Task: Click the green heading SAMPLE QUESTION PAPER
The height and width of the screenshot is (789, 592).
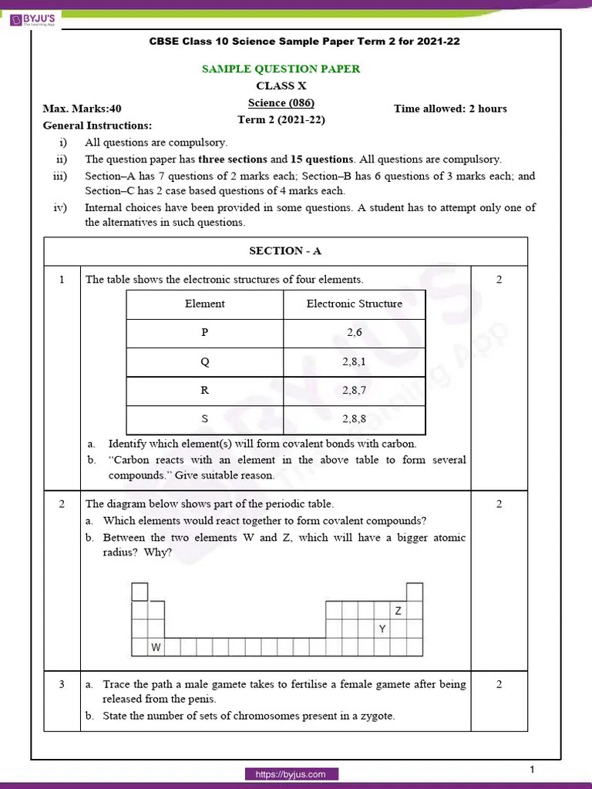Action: [281, 69]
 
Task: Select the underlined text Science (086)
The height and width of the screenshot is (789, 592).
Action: [281, 102]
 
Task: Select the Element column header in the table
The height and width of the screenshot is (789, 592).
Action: [204, 304]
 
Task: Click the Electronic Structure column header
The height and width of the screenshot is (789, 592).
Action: [354, 304]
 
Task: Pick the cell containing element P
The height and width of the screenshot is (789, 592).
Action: [204, 333]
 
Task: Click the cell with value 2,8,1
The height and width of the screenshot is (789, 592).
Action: [354, 361]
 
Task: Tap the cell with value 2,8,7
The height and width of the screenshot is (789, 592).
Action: [354, 390]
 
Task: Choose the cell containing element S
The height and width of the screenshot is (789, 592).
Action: [204, 419]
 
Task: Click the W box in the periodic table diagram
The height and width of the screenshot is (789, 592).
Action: [156, 647]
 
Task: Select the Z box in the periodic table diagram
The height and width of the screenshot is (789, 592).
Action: [398, 611]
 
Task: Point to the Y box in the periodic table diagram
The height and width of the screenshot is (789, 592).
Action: [382, 629]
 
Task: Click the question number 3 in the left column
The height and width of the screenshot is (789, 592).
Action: [61, 684]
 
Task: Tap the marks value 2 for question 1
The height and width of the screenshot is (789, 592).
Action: [499, 280]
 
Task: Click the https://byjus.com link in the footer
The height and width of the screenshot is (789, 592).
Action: [291, 774]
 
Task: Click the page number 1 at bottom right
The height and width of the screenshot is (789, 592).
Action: [532, 770]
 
